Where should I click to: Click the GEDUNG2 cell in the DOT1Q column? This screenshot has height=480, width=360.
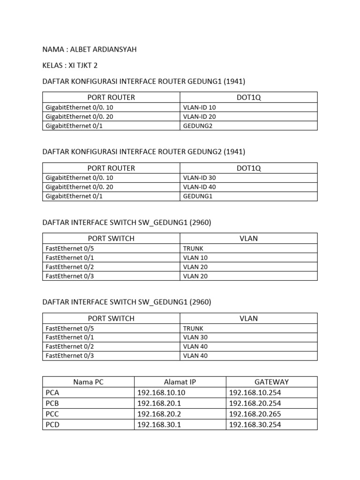(197, 126)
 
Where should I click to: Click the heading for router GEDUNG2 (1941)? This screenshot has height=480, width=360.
(144, 151)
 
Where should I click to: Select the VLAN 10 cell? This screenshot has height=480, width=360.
(195, 257)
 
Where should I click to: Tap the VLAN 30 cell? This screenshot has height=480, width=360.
(195, 337)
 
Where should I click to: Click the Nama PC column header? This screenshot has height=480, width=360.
(88, 382)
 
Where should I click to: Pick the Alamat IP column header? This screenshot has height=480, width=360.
(180, 382)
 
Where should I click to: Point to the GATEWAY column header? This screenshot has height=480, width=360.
(271, 382)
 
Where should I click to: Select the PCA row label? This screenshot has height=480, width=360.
(52, 393)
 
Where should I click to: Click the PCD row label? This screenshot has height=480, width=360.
(52, 425)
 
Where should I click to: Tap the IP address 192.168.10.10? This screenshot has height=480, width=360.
(161, 393)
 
